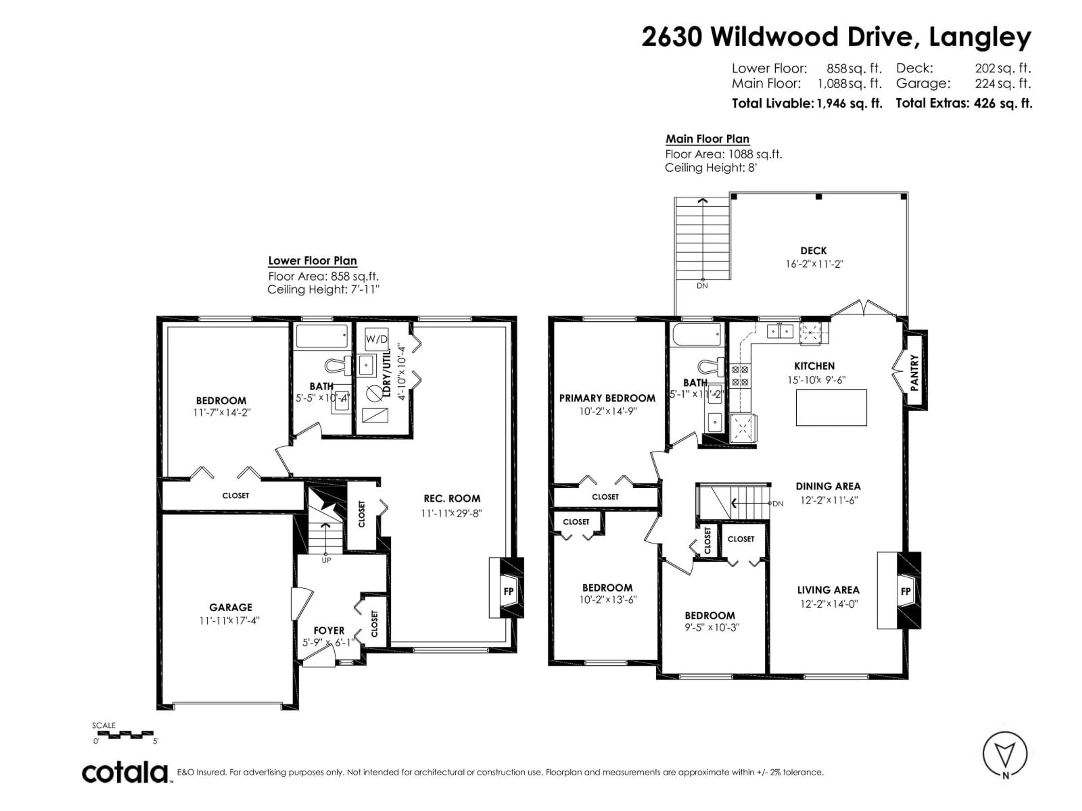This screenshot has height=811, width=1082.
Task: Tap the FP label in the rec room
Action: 508,592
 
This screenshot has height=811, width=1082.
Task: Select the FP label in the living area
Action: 905,592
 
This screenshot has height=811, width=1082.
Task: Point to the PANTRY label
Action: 914,373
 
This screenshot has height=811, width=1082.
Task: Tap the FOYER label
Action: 329,630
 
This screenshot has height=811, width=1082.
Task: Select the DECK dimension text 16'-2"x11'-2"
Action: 814,264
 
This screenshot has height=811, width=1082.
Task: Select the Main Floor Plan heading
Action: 707,139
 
